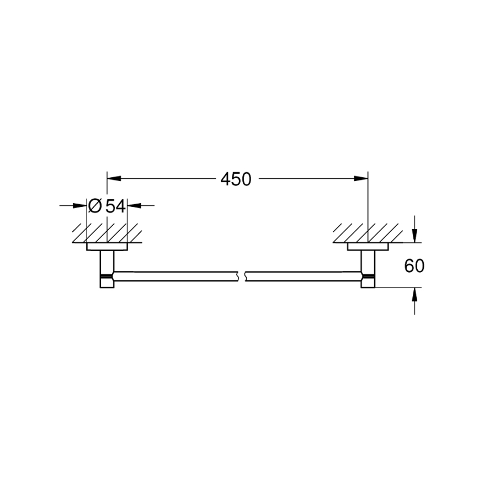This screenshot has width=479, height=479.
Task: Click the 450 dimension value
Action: pos(236,179)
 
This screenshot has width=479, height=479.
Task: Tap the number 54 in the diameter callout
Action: pos(116,206)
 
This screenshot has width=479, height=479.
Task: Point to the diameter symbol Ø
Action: pos(94,206)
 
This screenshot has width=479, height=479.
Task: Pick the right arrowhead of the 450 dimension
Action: pos(361,178)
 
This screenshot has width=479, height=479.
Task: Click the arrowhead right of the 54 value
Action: pos(134,206)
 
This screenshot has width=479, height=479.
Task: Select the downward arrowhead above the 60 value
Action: pos(414,236)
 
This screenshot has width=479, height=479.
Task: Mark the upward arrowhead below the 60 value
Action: pos(414,294)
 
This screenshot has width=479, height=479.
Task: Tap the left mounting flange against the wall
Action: pos(107,247)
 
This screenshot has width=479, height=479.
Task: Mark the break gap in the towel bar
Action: pos(241,274)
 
